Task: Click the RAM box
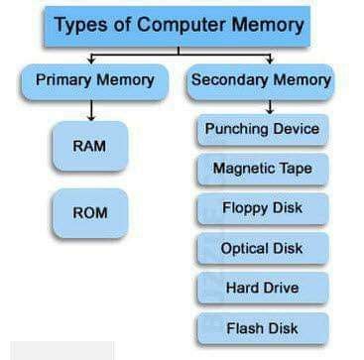coord(90,146)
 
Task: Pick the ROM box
coord(90,212)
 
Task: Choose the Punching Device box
coord(262,129)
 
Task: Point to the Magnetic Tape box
coord(262,169)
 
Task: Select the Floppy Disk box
coord(262,208)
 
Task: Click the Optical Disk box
coord(262,248)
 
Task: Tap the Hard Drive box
coord(262,288)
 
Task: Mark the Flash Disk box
coord(262,327)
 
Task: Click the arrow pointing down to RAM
coord(90,109)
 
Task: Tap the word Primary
coord(63,80)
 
